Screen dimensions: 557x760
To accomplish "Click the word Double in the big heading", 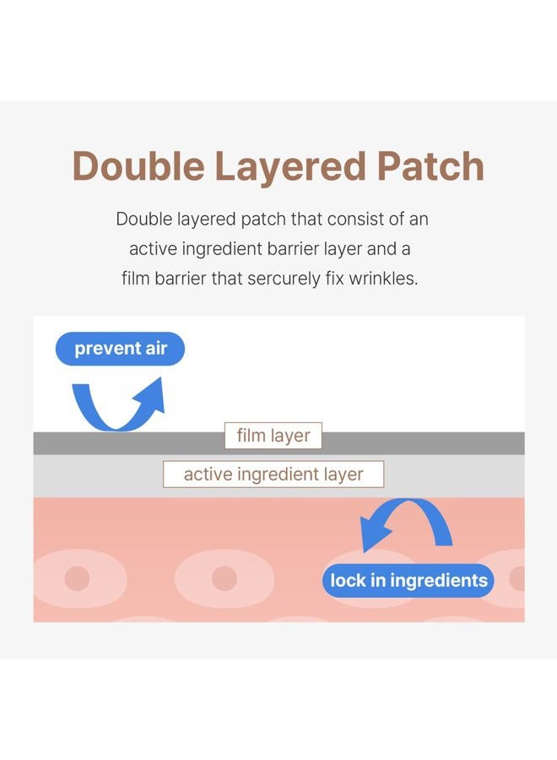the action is (138, 166).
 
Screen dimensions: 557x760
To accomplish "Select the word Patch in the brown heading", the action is (430, 166).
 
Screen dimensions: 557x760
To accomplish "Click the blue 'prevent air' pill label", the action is (120, 349).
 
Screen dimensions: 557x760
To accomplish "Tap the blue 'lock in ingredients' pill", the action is (408, 580).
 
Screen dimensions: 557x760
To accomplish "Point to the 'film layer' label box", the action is (273, 436).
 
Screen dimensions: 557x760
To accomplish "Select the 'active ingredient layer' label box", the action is (273, 474).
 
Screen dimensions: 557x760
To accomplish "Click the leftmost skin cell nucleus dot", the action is (77, 578).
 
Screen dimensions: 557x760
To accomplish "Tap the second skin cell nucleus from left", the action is (224, 578).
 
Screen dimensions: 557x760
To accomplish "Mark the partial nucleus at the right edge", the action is (517, 578).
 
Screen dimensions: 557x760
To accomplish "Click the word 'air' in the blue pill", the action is (156, 349).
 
